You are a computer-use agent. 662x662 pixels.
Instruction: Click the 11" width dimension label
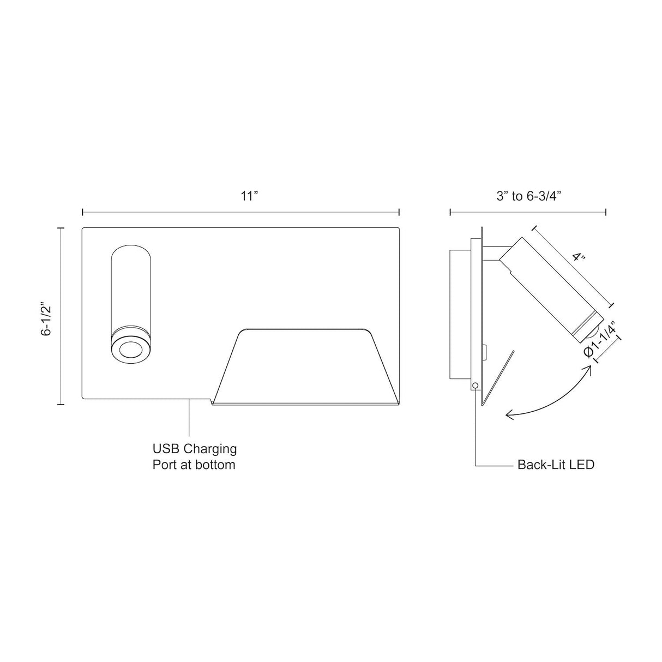tap(249, 196)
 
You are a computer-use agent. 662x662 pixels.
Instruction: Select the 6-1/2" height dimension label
tap(46, 319)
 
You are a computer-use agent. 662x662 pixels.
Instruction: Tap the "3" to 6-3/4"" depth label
tap(529, 196)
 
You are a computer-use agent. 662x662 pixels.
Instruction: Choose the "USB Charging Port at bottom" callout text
tap(195, 456)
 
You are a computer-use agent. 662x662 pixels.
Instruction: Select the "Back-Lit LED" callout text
tap(556, 465)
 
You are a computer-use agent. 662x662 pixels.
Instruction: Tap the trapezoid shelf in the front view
tap(306, 367)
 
